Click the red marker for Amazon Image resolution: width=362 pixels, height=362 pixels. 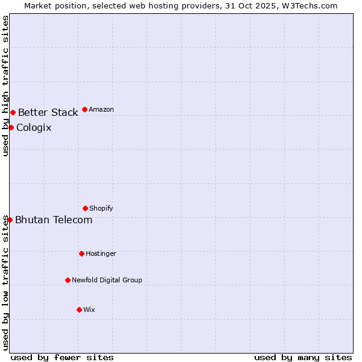click(x=84, y=109)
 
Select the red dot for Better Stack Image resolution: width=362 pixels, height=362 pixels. click(x=13, y=112)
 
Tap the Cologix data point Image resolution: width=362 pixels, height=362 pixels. click(x=11, y=127)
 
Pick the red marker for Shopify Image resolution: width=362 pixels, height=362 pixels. click(x=85, y=208)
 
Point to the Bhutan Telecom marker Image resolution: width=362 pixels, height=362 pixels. click(x=10, y=220)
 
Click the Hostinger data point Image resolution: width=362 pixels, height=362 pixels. click(x=81, y=253)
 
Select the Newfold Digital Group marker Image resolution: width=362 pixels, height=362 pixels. click(x=68, y=280)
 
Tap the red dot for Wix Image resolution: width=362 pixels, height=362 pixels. click(x=79, y=310)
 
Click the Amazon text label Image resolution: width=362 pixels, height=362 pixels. click(x=101, y=110)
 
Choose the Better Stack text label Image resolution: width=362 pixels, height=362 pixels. click(x=48, y=112)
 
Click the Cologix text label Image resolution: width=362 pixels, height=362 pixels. click(x=34, y=127)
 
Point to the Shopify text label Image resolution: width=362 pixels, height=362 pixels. click(x=101, y=209)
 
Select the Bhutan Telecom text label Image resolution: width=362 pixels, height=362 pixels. click(x=54, y=220)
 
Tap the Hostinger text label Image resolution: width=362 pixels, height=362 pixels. click(x=101, y=254)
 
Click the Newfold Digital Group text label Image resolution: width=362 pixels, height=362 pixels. click(x=107, y=281)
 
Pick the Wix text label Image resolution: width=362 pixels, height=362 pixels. click(x=89, y=310)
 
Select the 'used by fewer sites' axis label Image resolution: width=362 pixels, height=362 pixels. click(x=62, y=357)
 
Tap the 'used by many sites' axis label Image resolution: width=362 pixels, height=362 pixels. click(x=303, y=357)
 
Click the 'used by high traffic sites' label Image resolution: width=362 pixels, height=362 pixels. click(x=5, y=86)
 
